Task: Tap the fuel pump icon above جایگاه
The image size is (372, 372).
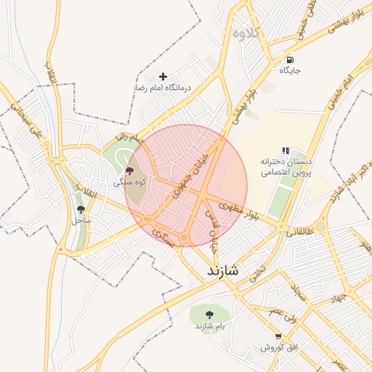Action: (290, 60)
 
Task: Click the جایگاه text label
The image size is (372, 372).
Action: (290, 71)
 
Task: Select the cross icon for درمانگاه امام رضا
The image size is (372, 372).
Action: (163, 76)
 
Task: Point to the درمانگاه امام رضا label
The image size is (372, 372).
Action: (162, 88)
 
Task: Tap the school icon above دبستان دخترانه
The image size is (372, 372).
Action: (286, 150)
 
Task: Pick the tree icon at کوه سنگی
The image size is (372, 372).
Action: (129, 171)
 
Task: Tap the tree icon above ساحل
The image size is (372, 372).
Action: (80, 210)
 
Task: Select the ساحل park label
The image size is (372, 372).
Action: (80, 219)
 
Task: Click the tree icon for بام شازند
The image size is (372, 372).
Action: (209, 315)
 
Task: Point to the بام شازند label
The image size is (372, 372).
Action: (210, 326)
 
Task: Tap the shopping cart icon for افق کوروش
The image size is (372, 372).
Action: (278, 336)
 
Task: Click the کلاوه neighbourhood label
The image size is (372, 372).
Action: (246, 33)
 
